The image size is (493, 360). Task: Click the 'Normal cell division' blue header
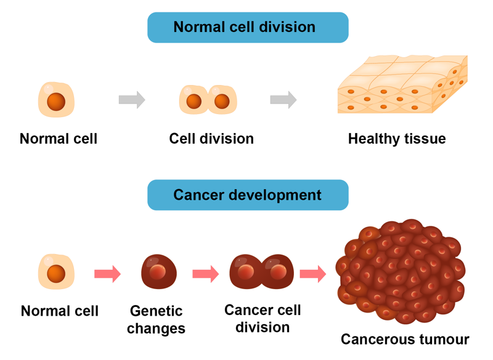[248, 27]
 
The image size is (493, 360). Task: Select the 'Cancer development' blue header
[248, 195]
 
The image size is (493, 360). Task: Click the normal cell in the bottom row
[57, 271]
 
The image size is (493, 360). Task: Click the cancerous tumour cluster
[400, 271]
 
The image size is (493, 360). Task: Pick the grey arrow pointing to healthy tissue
[283, 99]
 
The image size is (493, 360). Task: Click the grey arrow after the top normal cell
[132, 99]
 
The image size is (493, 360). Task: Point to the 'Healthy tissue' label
[396, 139]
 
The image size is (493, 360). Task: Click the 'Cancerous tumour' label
[405, 339]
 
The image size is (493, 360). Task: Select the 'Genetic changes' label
[156, 319]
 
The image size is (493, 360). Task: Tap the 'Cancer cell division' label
[263, 317]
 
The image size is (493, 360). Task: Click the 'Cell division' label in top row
[211, 139]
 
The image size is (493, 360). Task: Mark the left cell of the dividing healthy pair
[194, 100]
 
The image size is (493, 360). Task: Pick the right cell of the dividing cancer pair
[279, 271]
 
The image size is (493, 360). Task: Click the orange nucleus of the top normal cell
[57, 101]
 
